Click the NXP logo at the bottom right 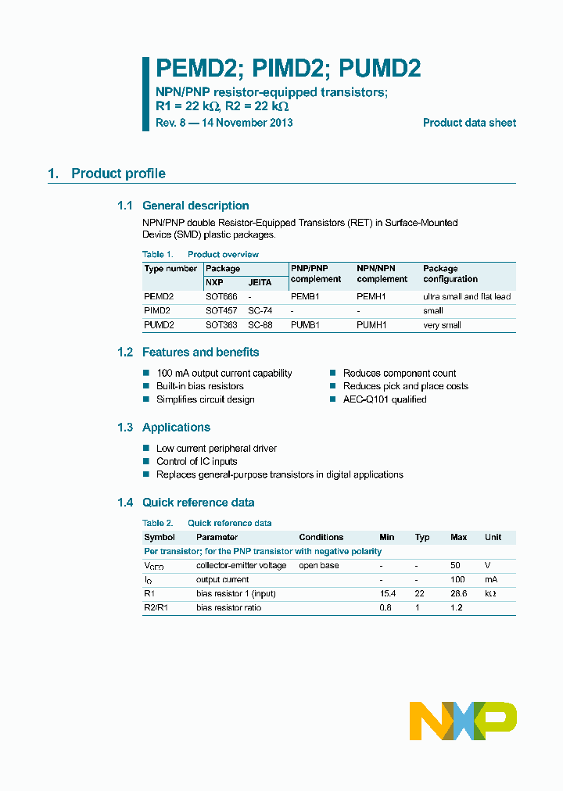click(463, 721)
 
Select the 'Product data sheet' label click(469, 123)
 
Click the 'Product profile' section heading click(118, 174)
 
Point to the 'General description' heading click(195, 206)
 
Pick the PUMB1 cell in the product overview click(305, 325)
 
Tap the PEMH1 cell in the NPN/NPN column click(371, 297)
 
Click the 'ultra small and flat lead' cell click(467, 297)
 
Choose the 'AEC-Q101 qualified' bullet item click(385, 399)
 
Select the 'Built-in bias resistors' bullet click(199, 386)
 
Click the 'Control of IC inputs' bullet click(196, 461)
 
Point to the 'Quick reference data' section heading click(198, 503)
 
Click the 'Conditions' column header click(321, 537)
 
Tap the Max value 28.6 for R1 click(459, 594)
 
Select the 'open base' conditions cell click(318, 565)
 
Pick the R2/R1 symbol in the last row click(156, 607)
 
